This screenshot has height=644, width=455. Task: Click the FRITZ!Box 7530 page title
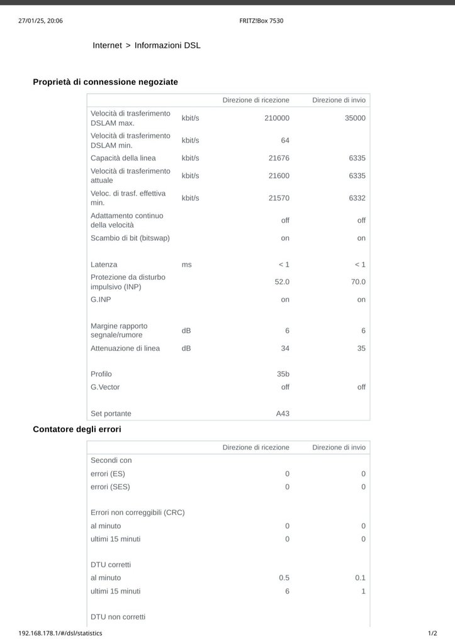(x=261, y=21)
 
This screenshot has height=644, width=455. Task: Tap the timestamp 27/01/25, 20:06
(x=40, y=21)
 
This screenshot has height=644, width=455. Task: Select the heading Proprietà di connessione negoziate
(x=105, y=82)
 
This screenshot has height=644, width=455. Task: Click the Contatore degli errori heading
(x=77, y=429)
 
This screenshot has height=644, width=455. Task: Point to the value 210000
(x=277, y=118)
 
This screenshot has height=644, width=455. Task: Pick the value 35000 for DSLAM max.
(x=355, y=118)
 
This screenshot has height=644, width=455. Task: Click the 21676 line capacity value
(x=279, y=158)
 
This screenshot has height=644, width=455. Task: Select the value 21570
(x=279, y=198)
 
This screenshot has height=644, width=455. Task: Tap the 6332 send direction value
(x=357, y=198)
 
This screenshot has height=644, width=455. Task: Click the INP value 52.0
(x=282, y=282)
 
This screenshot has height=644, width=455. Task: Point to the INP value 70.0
(x=358, y=282)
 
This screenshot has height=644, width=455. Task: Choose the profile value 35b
(x=283, y=374)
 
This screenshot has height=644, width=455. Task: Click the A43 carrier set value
(x=283, y=414)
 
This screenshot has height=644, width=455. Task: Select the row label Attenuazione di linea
(x=125, y=348)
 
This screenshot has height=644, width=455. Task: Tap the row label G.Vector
(x=105, y=387)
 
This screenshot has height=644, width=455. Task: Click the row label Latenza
(x=104, y=265)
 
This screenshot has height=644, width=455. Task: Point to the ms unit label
(x=186, y=265)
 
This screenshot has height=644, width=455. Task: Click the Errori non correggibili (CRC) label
(x=138, y=513)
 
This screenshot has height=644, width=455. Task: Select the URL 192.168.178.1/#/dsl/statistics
(x=60, y=633)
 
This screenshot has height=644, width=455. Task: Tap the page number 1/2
(x=432, y=633)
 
